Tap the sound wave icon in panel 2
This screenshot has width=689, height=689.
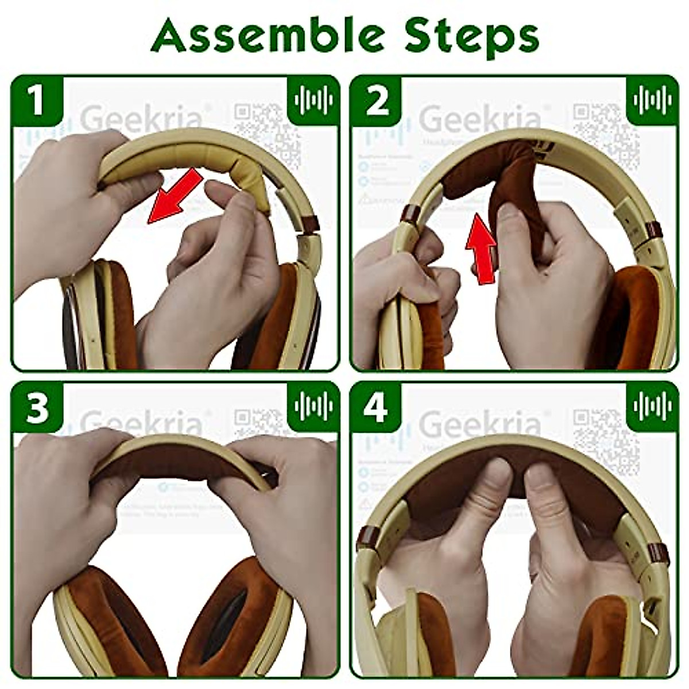coord(652,100)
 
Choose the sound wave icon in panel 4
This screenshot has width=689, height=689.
coord(652,406)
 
